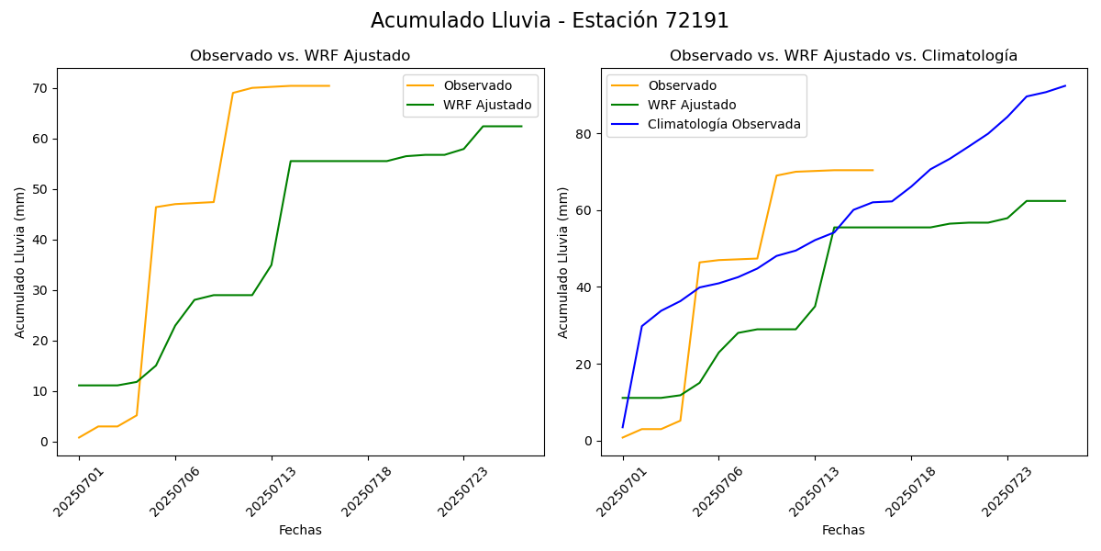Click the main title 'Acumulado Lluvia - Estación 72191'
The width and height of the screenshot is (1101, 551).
click(x=550, y=21)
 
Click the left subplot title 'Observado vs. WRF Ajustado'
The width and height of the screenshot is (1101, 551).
click(x=300, y=56)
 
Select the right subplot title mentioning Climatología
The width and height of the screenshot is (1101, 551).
click(x=843, y=56)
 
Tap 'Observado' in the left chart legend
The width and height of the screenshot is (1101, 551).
click(x=477, y=85)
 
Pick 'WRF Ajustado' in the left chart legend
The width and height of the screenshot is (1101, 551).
click(x=487, y=105)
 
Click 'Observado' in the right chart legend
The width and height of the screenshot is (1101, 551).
click(x=682, y=85)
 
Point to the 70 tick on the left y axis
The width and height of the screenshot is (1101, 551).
click(x=42, y=89)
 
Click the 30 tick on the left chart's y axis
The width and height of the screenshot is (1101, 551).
click(x=42, y=290)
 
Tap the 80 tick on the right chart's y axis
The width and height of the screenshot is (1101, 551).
click(x=587, y=134)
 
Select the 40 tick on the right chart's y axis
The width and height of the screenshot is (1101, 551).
click(x=587, y=287)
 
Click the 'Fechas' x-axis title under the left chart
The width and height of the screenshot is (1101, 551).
click(x=300, y=530)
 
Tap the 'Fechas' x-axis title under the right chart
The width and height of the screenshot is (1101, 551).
click(x=843, y=530)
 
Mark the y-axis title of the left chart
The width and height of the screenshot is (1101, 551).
click(x=20, y=262)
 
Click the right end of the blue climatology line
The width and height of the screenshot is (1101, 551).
click(x=1065, y=85)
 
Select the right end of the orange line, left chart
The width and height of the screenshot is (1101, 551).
click(x=329, y=85)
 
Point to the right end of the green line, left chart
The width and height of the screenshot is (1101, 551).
click(x=521, y=126)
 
